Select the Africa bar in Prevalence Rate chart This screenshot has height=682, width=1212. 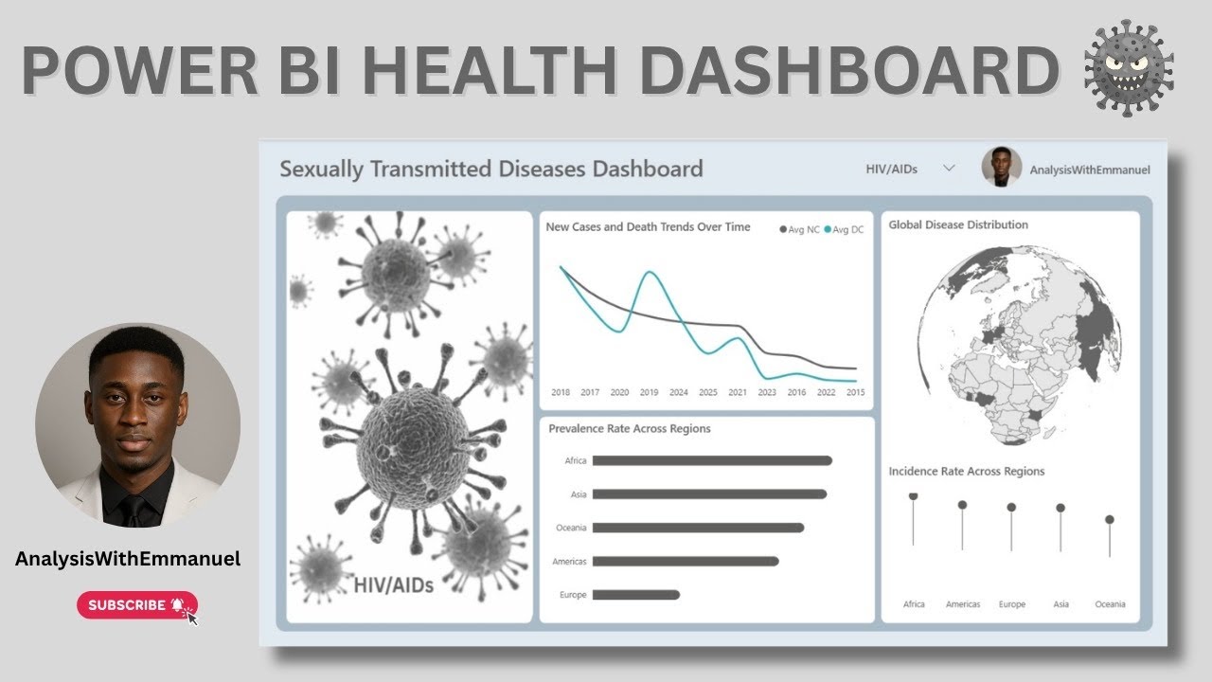click(x=711, y=460)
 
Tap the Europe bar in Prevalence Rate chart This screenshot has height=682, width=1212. click(x=635, y=595)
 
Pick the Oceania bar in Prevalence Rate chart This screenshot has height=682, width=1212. click(x=697, y=528)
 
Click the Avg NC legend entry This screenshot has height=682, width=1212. click(x=799, y=230)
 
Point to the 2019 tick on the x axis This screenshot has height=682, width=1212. click(x=649, y=392)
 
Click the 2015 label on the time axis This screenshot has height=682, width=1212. click(x=855, y=392)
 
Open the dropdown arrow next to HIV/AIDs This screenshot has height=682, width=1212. click(x=949, y=169)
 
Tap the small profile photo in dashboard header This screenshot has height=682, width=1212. click(x=1002, y=167)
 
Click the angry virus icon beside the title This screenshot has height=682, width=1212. click(x=1129, y=68)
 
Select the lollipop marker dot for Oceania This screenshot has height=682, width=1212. click(x=1110, y=519)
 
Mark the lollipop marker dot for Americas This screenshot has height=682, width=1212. click(x=962, y=505)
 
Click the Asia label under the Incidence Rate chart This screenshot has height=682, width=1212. click(x=1060, y=604)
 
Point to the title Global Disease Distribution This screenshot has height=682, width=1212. click(x=958, y=224)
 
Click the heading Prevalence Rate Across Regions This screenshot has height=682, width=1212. click(x=630, y=428)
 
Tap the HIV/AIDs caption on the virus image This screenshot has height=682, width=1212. click(x=394, y=584)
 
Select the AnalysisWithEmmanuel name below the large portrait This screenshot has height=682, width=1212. click(x=128, y=559)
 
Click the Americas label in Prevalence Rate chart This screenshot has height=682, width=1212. click(x=569, y=562)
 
